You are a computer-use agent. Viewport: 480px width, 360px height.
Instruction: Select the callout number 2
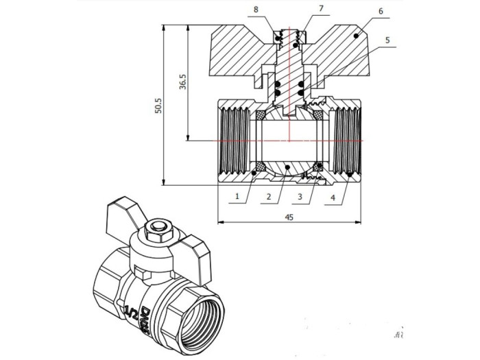[x=269, y=197]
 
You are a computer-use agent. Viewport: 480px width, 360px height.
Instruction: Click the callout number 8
[x=256, y=9]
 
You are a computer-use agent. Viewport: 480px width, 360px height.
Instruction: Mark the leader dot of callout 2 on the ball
[x=289, y=167]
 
